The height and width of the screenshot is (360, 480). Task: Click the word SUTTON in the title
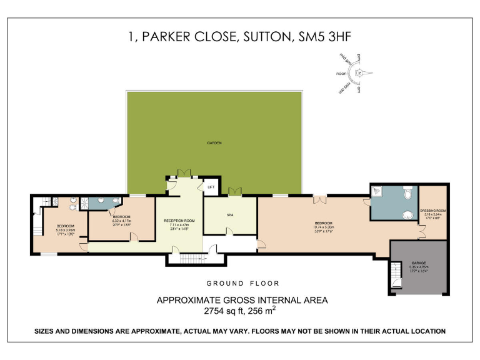pos(262,37)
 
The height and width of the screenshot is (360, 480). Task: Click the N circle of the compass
pos(359,73)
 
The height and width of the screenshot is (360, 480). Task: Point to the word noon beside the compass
pos(341,74)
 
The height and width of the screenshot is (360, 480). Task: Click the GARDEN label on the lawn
pos(214,142)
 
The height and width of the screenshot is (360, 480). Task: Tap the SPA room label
pos(229,214)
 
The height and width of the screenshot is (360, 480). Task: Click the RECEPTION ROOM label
pos(179,221)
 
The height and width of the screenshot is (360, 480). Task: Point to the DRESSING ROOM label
pos(432,211)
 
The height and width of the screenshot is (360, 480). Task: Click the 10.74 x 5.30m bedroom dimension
pos(324,227)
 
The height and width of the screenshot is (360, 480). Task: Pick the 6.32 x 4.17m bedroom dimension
pos(121,220)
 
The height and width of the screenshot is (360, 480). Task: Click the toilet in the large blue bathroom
pos(407,194)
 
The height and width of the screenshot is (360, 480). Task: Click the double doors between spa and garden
pos(235,191)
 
